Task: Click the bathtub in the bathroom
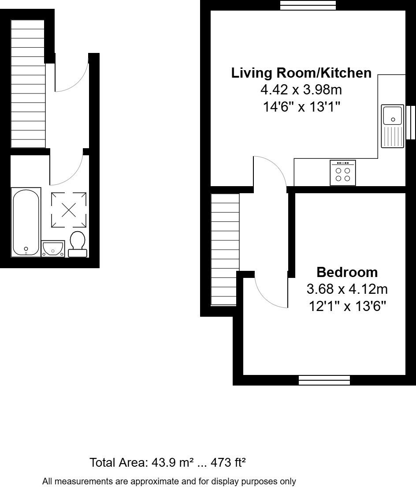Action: tap(26, 222)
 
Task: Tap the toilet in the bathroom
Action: tap(78, 244)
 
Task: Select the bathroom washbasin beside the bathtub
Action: tap(53, 248)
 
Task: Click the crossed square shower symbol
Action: tap(69, 210)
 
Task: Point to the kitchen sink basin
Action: tap(392, 116)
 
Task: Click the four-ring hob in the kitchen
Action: tap(343, 172)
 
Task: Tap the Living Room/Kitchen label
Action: tap(301, 73)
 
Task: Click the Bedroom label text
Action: tap(347, 272)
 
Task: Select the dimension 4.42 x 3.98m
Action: tap(301, 90)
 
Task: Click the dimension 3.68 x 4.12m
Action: tap(347, 289)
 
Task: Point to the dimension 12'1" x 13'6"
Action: tap(347, 306)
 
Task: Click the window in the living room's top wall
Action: tap(308, 5)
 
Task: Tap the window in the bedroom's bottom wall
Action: tap(324, 380)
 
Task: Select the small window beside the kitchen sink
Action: tap(411, 122)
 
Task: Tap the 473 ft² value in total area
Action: tap(228, 463)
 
